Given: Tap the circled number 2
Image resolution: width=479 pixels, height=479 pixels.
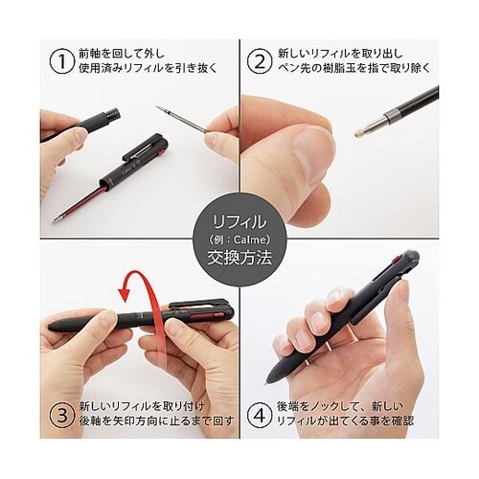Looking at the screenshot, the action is click(261, 61).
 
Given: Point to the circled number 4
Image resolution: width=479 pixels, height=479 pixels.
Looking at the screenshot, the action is click(261, 416).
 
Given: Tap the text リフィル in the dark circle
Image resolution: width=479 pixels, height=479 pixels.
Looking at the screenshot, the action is click(239, 221).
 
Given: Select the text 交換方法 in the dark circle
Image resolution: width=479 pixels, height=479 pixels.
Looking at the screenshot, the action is click(239, 257).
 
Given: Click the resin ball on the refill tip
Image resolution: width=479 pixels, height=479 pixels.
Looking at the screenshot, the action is click(358, 133).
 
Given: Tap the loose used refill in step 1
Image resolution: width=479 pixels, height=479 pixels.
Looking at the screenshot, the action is click(183, 119).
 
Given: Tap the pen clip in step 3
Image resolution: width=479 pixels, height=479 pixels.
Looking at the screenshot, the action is click(197, 304).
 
